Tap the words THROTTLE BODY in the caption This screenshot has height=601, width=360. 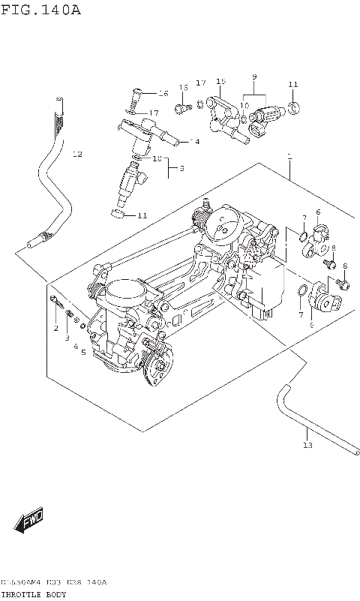pos(34,593)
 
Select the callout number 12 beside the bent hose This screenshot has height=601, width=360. pos(77,155)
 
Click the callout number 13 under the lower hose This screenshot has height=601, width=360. pos(306,446)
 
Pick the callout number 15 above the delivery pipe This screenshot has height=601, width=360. pos(220,82)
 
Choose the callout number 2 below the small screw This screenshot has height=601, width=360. pos(55,329)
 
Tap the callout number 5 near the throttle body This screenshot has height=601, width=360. pos(84,352)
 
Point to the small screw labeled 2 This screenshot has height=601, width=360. pos(55,302)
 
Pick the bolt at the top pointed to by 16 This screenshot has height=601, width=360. pos(135,95)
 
